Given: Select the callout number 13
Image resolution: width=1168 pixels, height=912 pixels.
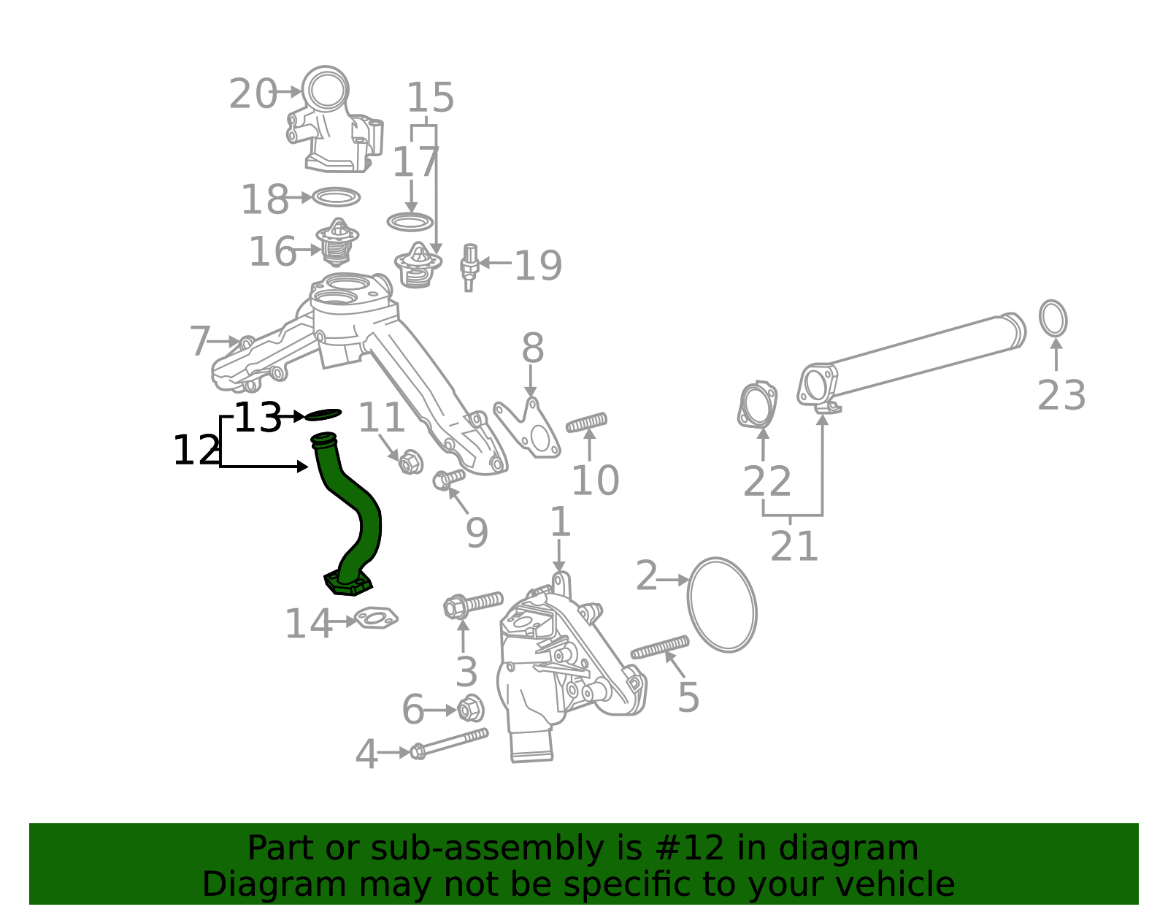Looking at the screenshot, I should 258,418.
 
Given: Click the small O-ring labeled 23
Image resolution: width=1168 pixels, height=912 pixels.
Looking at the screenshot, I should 1053,318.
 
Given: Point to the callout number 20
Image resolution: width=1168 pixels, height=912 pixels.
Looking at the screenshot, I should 253,94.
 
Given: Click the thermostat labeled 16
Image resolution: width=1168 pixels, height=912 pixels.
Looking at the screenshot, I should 337,244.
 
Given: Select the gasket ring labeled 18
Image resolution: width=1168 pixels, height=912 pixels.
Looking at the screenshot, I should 336,197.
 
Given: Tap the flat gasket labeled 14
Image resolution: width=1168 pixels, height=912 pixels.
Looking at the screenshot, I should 375,619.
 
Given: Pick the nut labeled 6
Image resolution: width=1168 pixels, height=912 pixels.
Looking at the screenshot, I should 470,708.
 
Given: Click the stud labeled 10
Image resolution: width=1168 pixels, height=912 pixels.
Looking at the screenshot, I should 586,423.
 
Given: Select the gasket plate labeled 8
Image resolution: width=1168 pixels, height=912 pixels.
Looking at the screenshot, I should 528,431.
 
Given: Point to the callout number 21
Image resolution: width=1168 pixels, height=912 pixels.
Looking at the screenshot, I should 794,546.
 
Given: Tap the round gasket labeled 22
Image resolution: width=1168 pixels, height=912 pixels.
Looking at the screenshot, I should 757,405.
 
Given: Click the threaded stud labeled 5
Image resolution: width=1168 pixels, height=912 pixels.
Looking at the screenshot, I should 659,647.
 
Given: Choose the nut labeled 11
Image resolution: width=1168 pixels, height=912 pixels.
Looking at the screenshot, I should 410,461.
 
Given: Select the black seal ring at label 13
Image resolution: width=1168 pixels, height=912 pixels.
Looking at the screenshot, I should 323,415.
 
